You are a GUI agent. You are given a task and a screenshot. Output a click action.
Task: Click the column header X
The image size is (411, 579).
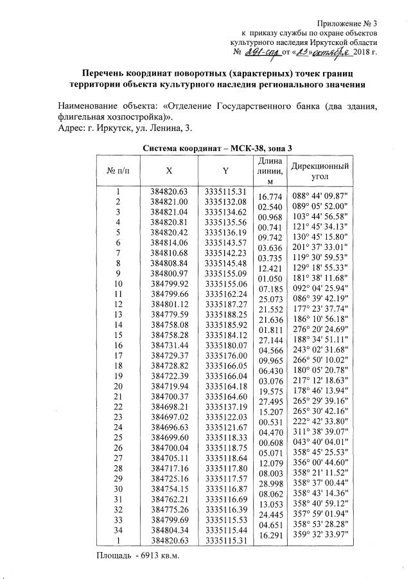(x=168, y=172)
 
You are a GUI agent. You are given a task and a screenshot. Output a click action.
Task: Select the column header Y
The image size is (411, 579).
(x=225, y=172)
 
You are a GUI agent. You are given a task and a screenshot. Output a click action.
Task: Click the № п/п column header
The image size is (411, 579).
(x=118, y=172)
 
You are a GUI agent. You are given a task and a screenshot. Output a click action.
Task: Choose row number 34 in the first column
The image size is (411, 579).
(x=118, y=531)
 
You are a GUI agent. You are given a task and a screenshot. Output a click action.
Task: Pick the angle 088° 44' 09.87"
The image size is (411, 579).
(x=320, y=196)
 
